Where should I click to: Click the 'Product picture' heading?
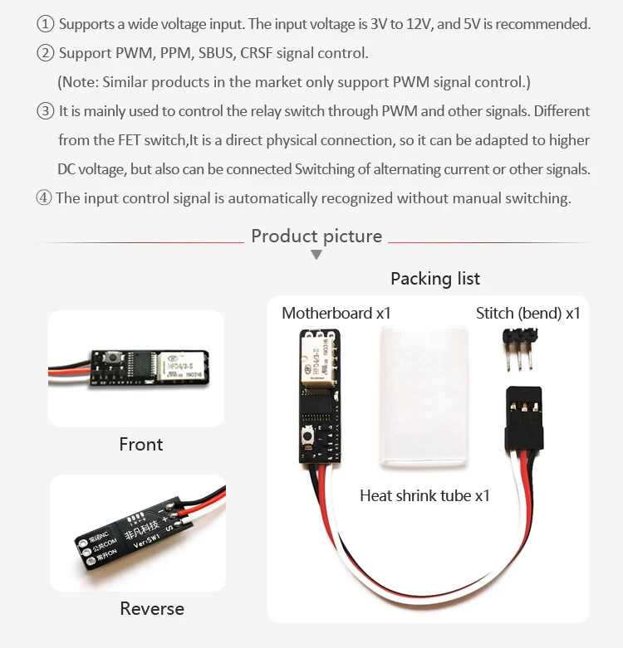[x=316, y=236]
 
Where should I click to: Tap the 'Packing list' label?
[x=434, y=279]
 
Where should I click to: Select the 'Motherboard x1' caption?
[x=336, y=313]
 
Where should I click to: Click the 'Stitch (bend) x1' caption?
[x=527, y=313]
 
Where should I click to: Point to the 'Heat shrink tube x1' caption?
[x=424, y=495]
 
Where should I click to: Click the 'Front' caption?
[x=141, y=444]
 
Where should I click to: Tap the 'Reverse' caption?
[x=152, y=608]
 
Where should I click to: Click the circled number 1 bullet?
[x=46, y=24]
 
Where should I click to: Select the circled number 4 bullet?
[x=44, y=198]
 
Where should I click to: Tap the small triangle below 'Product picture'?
[x=316, y=255]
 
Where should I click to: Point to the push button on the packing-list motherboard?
[x=308, y=436]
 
